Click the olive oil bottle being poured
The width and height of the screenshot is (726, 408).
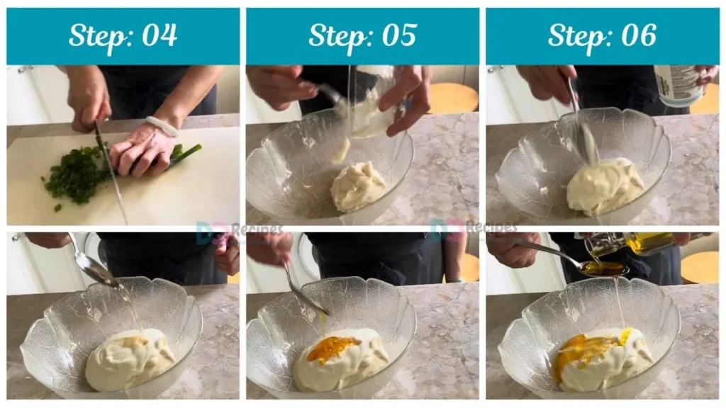tap(638, 244)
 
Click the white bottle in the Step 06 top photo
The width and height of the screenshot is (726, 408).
tap(678, 85)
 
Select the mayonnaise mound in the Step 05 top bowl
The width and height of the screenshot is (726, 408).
tap(358, 186)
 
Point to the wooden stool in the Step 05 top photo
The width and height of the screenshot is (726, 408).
tap(454, 98)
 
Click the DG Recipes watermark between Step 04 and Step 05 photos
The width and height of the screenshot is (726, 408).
tap(239, 230)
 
